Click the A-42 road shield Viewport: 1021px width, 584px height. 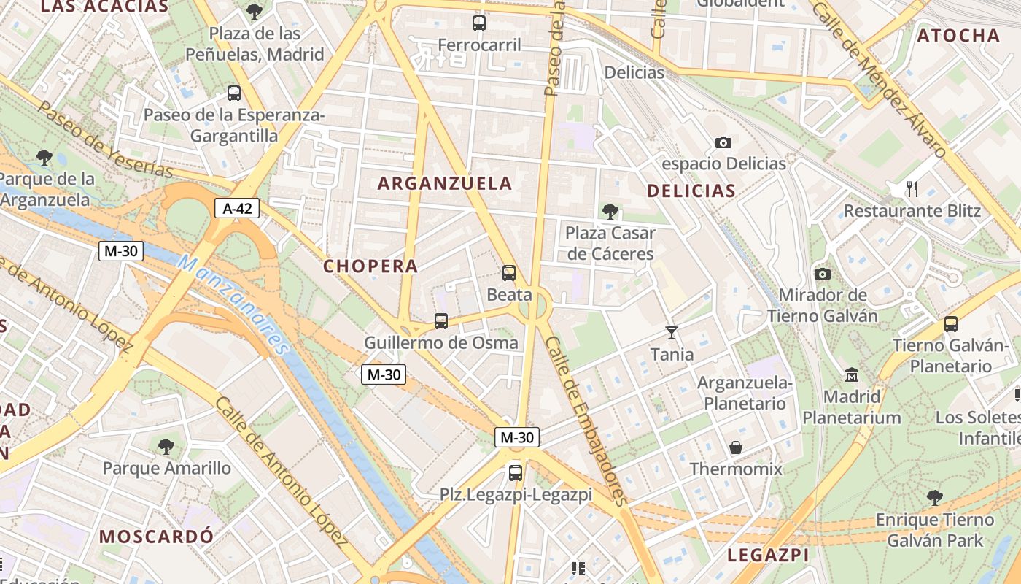[x=237, y=209]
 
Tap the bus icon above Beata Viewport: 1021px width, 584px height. [x=509, y=273]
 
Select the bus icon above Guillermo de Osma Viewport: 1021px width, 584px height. [x=441, y=320]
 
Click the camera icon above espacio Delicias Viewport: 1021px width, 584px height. [x=723, y=142]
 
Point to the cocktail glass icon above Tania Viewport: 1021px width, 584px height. [x=672, y=333]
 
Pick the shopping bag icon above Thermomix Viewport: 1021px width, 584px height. [x=736, y=447]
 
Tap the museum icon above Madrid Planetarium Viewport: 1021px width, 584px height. [x=851, y=375]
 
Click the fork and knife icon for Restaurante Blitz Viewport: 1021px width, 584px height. [x=912, y=189]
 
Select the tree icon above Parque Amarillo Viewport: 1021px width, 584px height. [x=166, y=446]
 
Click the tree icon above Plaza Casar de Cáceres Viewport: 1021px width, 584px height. [x=610, y=212]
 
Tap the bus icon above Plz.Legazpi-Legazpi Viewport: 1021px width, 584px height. [x=516, y=472]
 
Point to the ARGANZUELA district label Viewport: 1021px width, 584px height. [x=445, y=183]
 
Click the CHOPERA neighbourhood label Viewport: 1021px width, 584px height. [x=370, y=266]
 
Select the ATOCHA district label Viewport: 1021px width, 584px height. [x=958, y=36]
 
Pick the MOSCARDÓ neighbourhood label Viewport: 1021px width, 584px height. [x=157, y=537]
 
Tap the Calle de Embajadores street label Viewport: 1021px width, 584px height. [x=586, y=421]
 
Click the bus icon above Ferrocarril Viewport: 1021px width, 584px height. [x=479, y=23]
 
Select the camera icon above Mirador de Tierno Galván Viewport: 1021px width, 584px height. [x=823, y=274]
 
